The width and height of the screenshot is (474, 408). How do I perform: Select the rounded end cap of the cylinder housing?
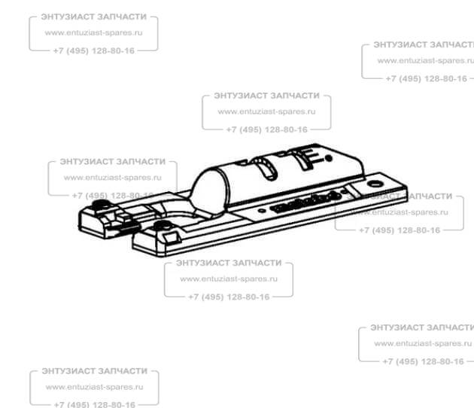point(204,188)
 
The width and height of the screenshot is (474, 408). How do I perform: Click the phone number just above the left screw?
point(113,195)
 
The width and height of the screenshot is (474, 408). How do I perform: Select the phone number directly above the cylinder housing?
point(266,129)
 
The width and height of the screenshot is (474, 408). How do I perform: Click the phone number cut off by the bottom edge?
point(94,404)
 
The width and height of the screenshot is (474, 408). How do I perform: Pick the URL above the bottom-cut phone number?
point(94,387)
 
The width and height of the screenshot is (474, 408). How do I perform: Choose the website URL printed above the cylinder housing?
point(266,111)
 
